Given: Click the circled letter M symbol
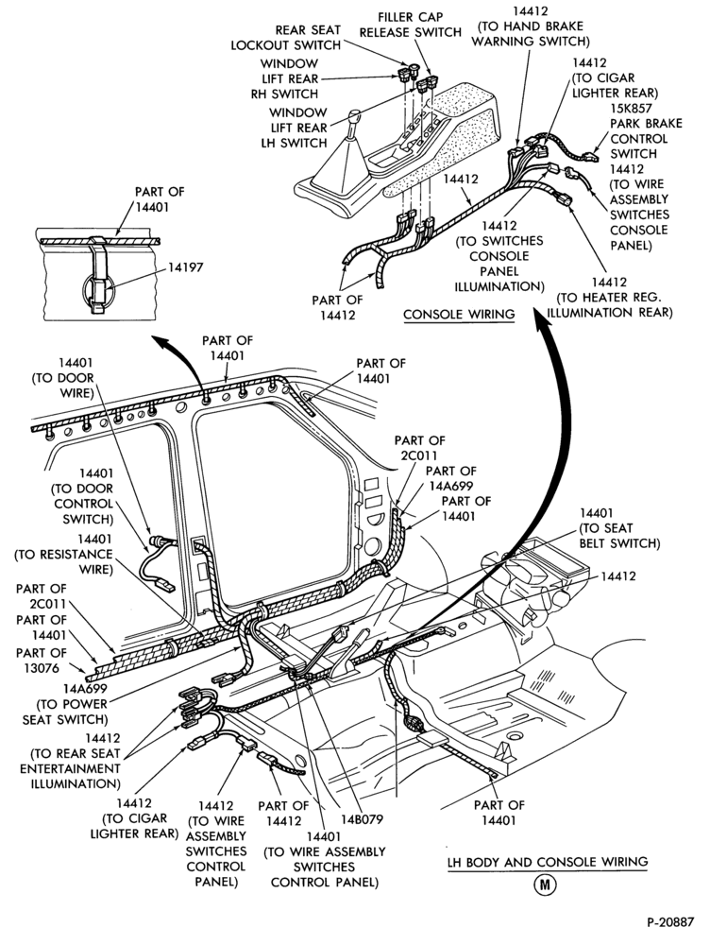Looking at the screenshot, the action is (x=545, y=885).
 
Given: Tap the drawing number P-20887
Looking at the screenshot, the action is (x=671, y=922).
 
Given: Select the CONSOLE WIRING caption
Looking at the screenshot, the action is (x=459, y=315).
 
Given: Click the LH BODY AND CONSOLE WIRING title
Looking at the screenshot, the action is (x=548, y=863).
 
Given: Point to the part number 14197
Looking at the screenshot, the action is (x=185, y=267).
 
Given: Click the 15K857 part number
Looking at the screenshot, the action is (x=631, y=109).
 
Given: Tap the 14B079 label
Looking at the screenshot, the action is (x=362, y=819).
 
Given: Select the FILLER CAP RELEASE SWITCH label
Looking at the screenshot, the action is (x=411, y=25).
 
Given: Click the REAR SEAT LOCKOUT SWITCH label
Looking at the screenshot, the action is (x=285, y=38).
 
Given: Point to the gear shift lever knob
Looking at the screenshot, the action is (x=355, y=116).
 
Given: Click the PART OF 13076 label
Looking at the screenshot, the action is (x=42, y=660).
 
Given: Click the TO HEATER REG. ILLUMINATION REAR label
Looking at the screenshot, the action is (x=609, y=297).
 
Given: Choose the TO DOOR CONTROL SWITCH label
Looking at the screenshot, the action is (x=83, y=497).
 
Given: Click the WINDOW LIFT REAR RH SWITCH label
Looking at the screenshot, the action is (x=285, y=78).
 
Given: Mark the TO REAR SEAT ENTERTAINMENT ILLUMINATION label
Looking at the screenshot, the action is (x=71, y=761).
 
